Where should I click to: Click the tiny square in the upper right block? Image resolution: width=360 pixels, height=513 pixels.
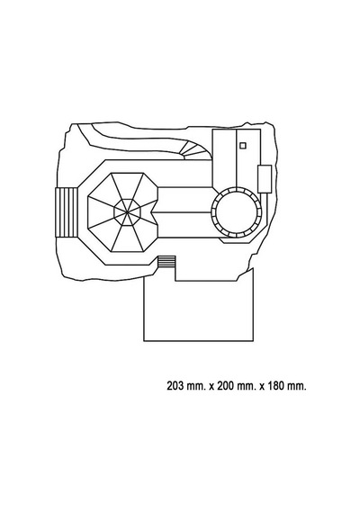point(242,146)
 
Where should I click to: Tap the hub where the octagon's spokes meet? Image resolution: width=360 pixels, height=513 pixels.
point(127,212)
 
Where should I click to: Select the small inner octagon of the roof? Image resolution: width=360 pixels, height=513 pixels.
point(127,212)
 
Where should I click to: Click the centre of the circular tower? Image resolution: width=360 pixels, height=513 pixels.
point(237,212)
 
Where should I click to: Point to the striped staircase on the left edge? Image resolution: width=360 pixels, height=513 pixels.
point(67,212)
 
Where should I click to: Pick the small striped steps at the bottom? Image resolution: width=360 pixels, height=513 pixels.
point(166,262)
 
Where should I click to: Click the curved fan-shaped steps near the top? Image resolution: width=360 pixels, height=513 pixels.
point(195,151)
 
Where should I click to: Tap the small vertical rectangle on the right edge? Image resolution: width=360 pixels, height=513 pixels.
point(265,179)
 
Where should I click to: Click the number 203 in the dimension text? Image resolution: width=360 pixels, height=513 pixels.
point(175,386)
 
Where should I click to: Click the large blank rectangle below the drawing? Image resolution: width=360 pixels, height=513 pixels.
point(198,310)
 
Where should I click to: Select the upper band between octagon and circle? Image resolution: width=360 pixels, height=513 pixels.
point(184,200)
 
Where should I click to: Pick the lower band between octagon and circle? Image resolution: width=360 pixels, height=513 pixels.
point(184,224)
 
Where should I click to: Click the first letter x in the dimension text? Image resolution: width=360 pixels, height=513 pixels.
point(211,387)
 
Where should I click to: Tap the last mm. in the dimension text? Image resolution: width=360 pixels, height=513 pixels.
point(297,387)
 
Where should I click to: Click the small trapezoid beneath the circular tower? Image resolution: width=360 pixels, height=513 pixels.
point(237,240)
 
